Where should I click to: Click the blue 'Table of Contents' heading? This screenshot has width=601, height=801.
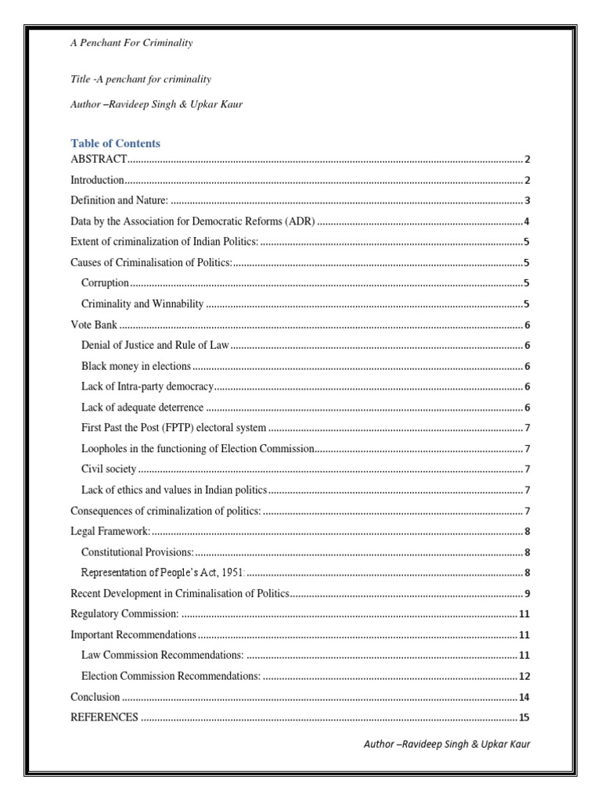(115, 143)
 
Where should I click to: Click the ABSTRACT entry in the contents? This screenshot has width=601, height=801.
(99, 160)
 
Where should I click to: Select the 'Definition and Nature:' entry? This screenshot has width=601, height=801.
(120, 200)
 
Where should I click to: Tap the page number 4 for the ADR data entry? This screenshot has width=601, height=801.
(527, 221)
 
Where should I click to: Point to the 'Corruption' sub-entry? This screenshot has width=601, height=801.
(105, 282)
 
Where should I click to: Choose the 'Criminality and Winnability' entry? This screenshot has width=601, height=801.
(142, 304)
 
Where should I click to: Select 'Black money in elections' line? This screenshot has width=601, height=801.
(136, 366)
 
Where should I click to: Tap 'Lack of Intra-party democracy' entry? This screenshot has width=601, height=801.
(147, 386)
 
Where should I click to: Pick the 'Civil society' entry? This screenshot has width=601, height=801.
(109, 469)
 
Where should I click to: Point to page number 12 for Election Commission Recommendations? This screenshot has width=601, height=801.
(524, 676)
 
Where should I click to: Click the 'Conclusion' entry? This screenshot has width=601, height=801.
(95, 696)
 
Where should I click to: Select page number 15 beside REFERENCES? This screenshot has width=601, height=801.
(524, 717)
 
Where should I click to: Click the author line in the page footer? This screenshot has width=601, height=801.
(447, 744)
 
